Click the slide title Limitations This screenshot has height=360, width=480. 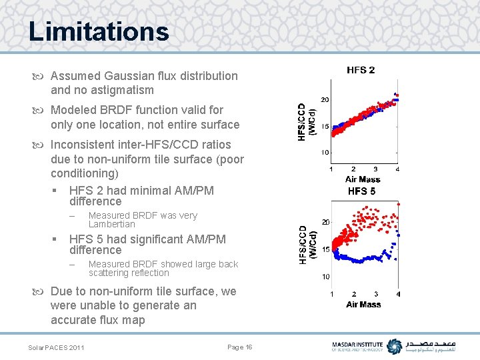99,31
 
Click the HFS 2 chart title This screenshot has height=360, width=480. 361,70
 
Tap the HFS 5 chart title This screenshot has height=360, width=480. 362,191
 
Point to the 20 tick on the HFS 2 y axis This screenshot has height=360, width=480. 324,100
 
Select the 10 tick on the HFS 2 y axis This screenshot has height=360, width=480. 324,153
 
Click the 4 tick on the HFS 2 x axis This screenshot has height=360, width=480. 397,169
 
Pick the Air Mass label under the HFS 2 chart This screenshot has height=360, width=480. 363,179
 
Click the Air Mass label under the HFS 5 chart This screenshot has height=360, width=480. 363,304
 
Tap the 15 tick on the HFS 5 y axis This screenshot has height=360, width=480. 325,249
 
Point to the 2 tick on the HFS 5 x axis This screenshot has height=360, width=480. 354,294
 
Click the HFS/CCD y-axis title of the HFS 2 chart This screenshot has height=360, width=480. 306,121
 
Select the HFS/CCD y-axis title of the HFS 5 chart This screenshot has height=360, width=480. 307,245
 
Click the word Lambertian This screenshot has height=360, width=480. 111,224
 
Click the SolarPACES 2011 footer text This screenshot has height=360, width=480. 56,347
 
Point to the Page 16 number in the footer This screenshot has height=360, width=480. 240,347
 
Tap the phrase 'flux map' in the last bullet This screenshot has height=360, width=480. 124,320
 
